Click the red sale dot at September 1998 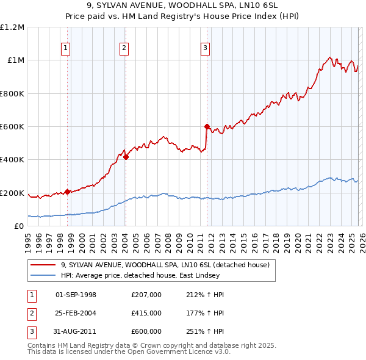67,192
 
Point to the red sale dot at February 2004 126,157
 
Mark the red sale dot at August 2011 207,126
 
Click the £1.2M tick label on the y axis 13,27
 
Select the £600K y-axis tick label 13,127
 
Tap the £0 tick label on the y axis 20,226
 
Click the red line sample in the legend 43,265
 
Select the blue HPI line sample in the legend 43,275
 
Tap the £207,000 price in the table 146,295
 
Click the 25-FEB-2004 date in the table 76,313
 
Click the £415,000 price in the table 146,313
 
